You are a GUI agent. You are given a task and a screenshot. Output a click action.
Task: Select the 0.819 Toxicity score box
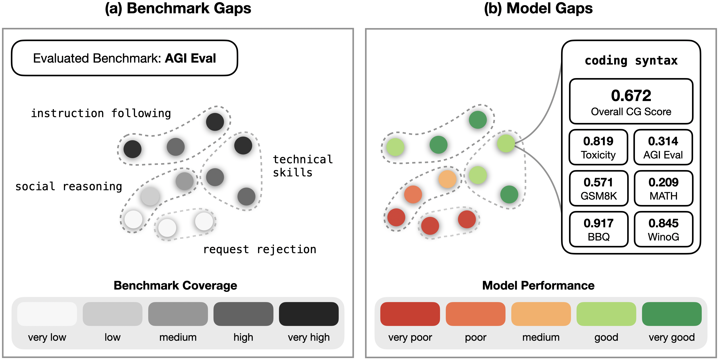598,147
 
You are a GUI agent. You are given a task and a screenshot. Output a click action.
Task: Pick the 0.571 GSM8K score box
598,188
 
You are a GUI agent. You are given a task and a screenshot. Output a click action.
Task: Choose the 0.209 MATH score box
663,188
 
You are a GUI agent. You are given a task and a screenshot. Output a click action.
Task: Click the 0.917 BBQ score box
598,229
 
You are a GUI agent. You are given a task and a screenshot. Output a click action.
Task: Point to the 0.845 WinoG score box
663,229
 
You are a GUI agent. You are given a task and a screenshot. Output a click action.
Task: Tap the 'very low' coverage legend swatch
47,314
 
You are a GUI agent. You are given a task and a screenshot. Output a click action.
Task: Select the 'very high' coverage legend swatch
308,314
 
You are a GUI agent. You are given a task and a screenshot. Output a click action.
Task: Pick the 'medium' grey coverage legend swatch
178,314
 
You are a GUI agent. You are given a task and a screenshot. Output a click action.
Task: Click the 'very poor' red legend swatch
410,314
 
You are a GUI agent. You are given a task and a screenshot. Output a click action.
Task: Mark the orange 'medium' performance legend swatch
541,314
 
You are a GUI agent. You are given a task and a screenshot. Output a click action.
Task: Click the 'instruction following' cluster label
101,113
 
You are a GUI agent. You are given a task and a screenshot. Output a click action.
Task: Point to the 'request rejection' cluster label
260,249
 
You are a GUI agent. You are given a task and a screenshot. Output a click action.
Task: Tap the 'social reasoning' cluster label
69,186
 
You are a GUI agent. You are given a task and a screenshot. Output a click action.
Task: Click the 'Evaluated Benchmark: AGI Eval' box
125,58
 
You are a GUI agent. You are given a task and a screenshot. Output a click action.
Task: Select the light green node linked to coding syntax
506,144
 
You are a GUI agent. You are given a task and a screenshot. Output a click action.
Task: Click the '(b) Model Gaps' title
538,8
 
